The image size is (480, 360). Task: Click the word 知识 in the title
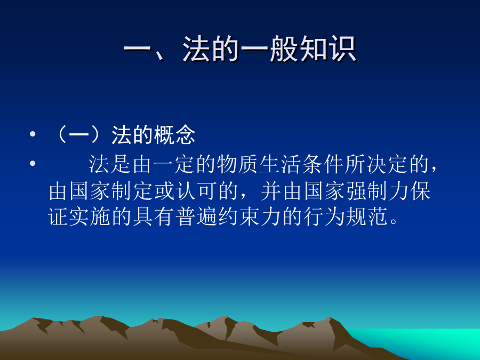(x=327, y=49)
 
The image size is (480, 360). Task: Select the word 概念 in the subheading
(x=174, y=135)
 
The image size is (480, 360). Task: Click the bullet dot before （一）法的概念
(x=33, y=134)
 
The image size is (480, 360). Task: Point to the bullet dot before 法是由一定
(x=33, y=163)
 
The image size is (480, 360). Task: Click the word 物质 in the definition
(x=237, y=164)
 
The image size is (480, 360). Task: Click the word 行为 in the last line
(x=324, y=218)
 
